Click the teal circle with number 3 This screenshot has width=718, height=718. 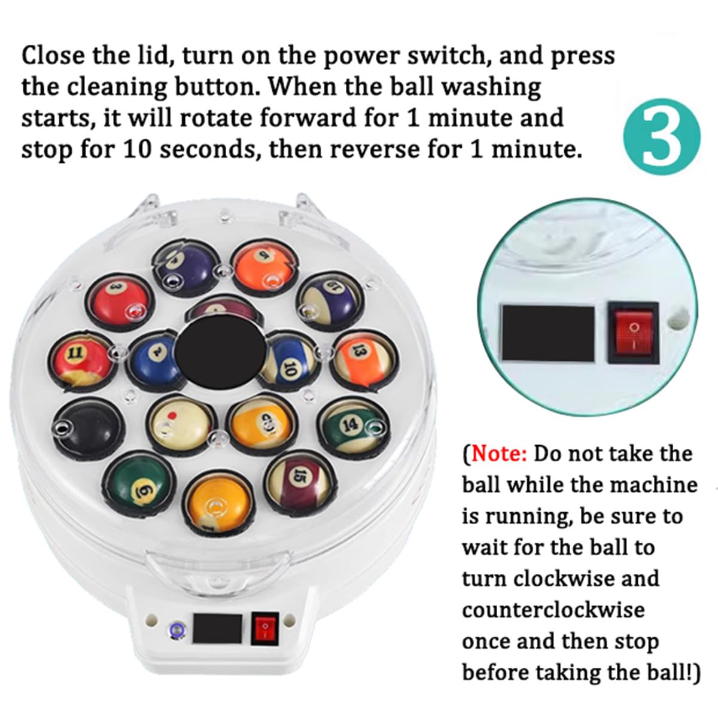(661, 137)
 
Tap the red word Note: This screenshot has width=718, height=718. (499, 454)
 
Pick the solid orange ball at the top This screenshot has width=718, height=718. (264, 266)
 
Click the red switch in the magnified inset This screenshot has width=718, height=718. (633, 333)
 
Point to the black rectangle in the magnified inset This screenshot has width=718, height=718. (547, 333)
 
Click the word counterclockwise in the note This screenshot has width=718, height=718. (553, 610)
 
